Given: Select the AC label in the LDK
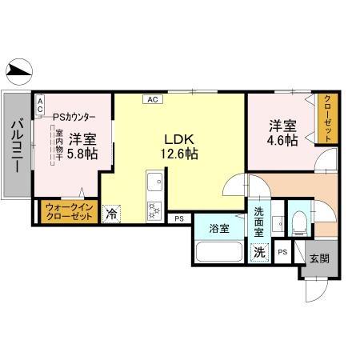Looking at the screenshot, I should [152, 99].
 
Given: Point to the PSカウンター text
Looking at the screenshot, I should [74, 115].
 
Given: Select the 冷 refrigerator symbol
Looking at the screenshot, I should [112, 214].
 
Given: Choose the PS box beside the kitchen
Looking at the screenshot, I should [178, 218].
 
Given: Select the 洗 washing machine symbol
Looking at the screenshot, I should [259, 252].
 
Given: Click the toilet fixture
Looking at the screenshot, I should [297, 222].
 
